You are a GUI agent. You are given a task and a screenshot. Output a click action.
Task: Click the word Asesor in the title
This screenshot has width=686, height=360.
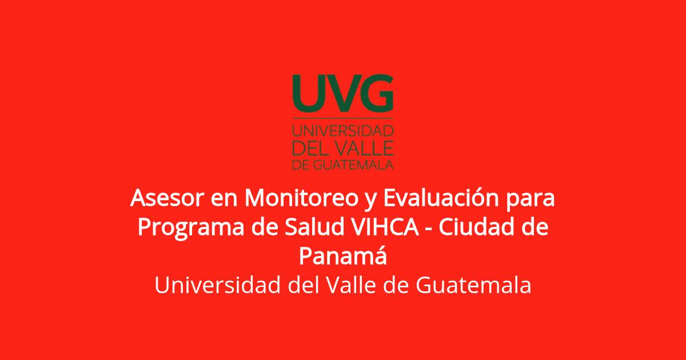coord(167,198)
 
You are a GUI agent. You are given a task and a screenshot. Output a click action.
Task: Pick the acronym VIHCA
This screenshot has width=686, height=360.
coord(385,227)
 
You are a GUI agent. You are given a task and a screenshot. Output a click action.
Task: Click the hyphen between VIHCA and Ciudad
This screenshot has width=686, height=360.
coord(429,229)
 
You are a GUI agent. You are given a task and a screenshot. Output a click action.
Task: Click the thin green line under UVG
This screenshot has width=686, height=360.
coord(343,118)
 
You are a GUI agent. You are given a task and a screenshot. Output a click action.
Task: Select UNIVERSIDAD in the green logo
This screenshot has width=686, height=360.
coord(343,131)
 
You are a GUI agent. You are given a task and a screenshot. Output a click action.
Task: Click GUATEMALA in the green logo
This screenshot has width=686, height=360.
coord(353,165)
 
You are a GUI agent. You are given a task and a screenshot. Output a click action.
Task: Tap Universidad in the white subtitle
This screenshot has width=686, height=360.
coord(217,285)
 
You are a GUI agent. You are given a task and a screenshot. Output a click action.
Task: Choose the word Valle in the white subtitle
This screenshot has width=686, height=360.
coord(351,285)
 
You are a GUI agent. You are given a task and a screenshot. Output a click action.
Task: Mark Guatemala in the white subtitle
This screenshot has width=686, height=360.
coord(473,285)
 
